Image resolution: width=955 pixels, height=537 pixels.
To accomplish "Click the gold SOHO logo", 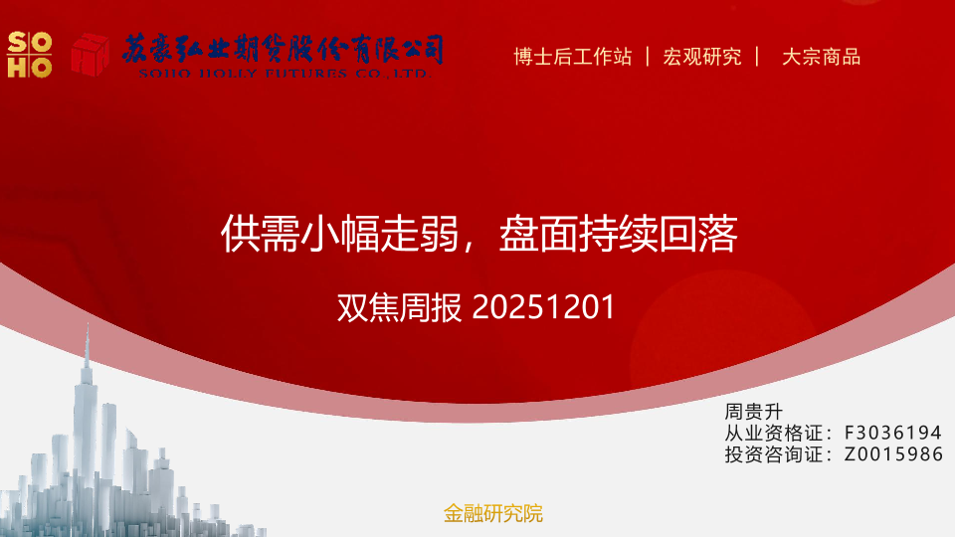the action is (29, 55).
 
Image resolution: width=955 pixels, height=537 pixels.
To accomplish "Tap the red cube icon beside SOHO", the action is (91, 55).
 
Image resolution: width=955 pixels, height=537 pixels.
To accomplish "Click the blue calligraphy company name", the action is (283, 49).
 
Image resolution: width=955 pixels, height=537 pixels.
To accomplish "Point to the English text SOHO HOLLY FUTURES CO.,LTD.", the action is (285, 74).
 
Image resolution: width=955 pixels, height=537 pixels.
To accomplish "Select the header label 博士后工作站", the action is (573, 57).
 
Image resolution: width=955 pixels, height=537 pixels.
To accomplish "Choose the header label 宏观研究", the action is (702, 57).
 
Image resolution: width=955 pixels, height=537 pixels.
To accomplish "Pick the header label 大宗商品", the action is (821, 57).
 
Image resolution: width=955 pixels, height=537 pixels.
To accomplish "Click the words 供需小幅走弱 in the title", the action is (339, 233).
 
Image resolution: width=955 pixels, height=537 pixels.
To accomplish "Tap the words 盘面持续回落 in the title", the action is (618, 233).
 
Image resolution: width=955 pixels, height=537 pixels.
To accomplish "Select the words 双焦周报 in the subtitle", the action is (400, 307).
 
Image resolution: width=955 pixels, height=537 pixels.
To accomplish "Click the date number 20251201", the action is (543, 307).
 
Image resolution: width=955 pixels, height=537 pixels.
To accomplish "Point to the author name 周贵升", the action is (753, 412).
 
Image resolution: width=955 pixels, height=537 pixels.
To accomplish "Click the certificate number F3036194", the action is (893, 433).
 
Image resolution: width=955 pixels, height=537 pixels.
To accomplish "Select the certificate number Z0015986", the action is (893, 454).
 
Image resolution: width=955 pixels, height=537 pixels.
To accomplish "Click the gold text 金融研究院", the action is (492, 513).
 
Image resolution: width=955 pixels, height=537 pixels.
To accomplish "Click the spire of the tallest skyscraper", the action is (88, 345).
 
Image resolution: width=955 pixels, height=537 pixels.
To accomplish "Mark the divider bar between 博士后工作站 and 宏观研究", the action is (648, 57).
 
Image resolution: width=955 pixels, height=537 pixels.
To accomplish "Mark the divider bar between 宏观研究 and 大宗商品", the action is (757, 57).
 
